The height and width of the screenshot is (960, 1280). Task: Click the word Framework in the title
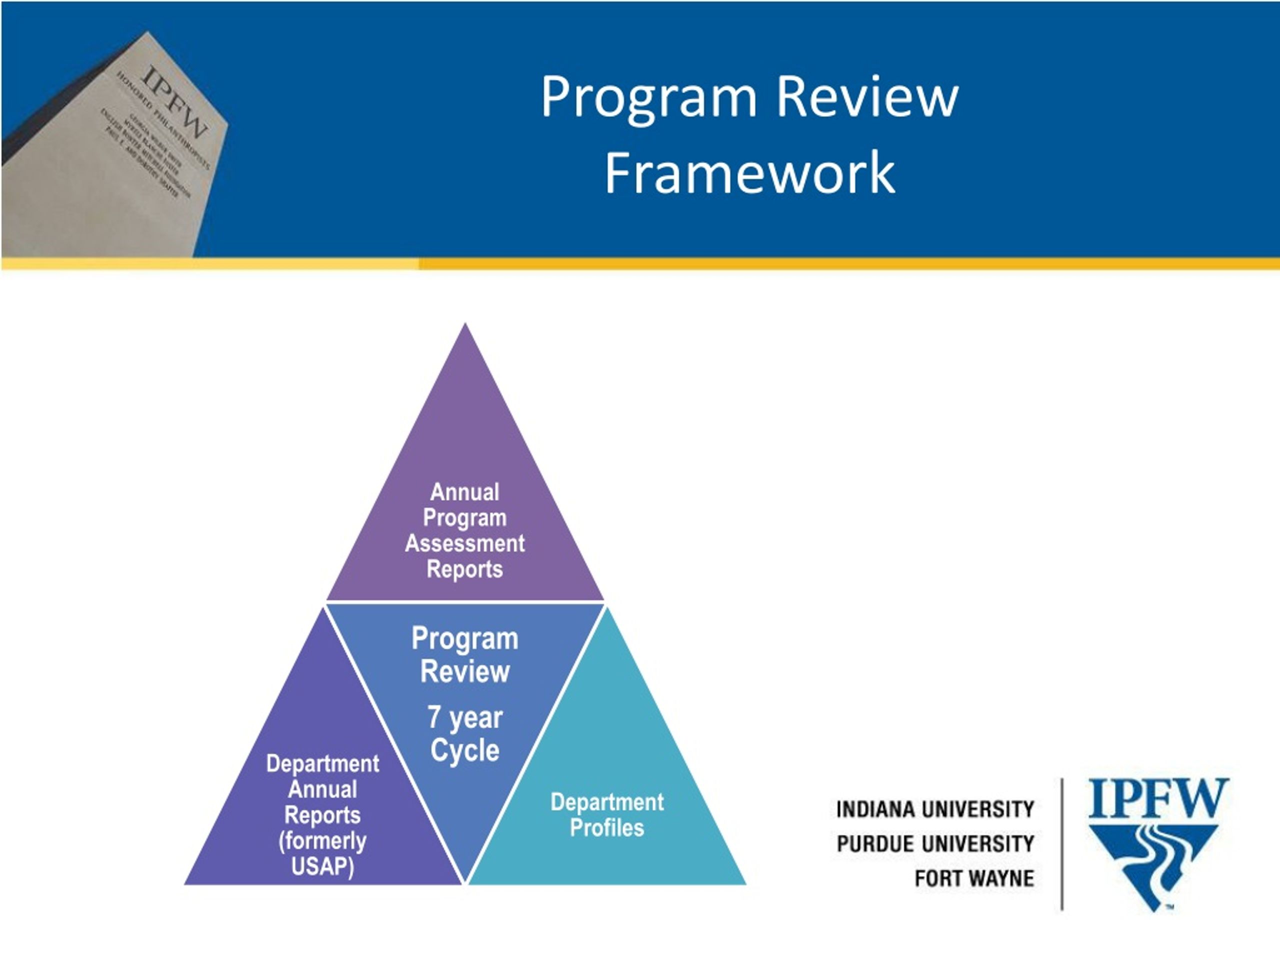750,173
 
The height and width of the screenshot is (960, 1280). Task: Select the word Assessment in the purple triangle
464,543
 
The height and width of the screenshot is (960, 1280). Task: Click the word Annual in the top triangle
464,492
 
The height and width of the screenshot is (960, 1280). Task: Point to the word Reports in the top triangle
464,569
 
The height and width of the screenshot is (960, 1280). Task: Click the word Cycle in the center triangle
464,750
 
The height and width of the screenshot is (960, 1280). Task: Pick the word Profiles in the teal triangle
606,827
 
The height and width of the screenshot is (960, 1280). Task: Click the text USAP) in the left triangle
322,867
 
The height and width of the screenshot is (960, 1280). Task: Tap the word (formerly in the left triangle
322,841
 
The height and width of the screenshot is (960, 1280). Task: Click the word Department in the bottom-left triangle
322,764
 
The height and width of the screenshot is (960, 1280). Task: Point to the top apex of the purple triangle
465,326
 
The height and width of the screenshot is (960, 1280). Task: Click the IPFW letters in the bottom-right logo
1158,798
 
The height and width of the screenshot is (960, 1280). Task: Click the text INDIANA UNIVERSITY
935,809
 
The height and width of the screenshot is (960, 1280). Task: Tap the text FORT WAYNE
974,878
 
